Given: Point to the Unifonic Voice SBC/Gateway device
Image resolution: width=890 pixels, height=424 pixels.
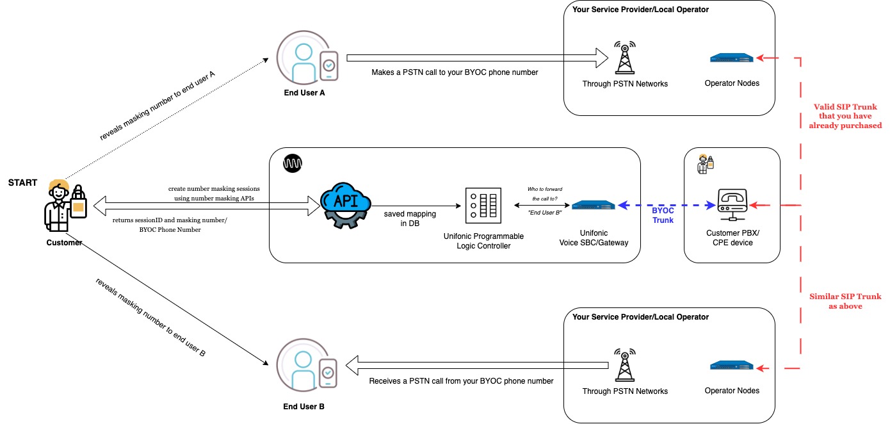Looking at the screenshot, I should coord(593,206).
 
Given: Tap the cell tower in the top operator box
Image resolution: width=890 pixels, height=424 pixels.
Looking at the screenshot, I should coord(624,59).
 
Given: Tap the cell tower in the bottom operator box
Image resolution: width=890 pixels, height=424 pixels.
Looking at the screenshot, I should coord(624,366).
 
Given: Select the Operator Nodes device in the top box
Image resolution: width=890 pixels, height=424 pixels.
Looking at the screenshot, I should coord(732,58).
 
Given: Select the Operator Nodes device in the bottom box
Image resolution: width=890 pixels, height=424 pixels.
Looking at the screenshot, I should coord(732,366).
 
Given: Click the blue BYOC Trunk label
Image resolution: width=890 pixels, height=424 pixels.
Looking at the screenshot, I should coord(663,215).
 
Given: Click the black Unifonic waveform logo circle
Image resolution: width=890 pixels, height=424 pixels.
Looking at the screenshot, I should coord(293,163).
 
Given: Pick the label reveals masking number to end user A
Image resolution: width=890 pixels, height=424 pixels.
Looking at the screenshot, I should coord(158,106).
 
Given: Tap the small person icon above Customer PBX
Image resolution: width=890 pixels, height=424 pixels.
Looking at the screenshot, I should coord(706,164).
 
